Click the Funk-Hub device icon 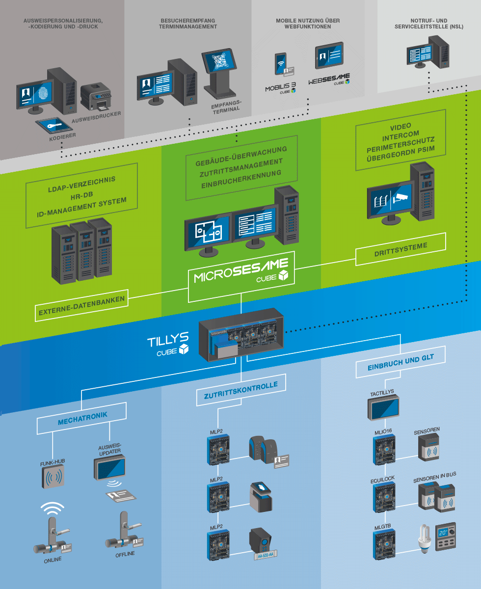[53, 477]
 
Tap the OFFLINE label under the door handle [125, 554]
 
